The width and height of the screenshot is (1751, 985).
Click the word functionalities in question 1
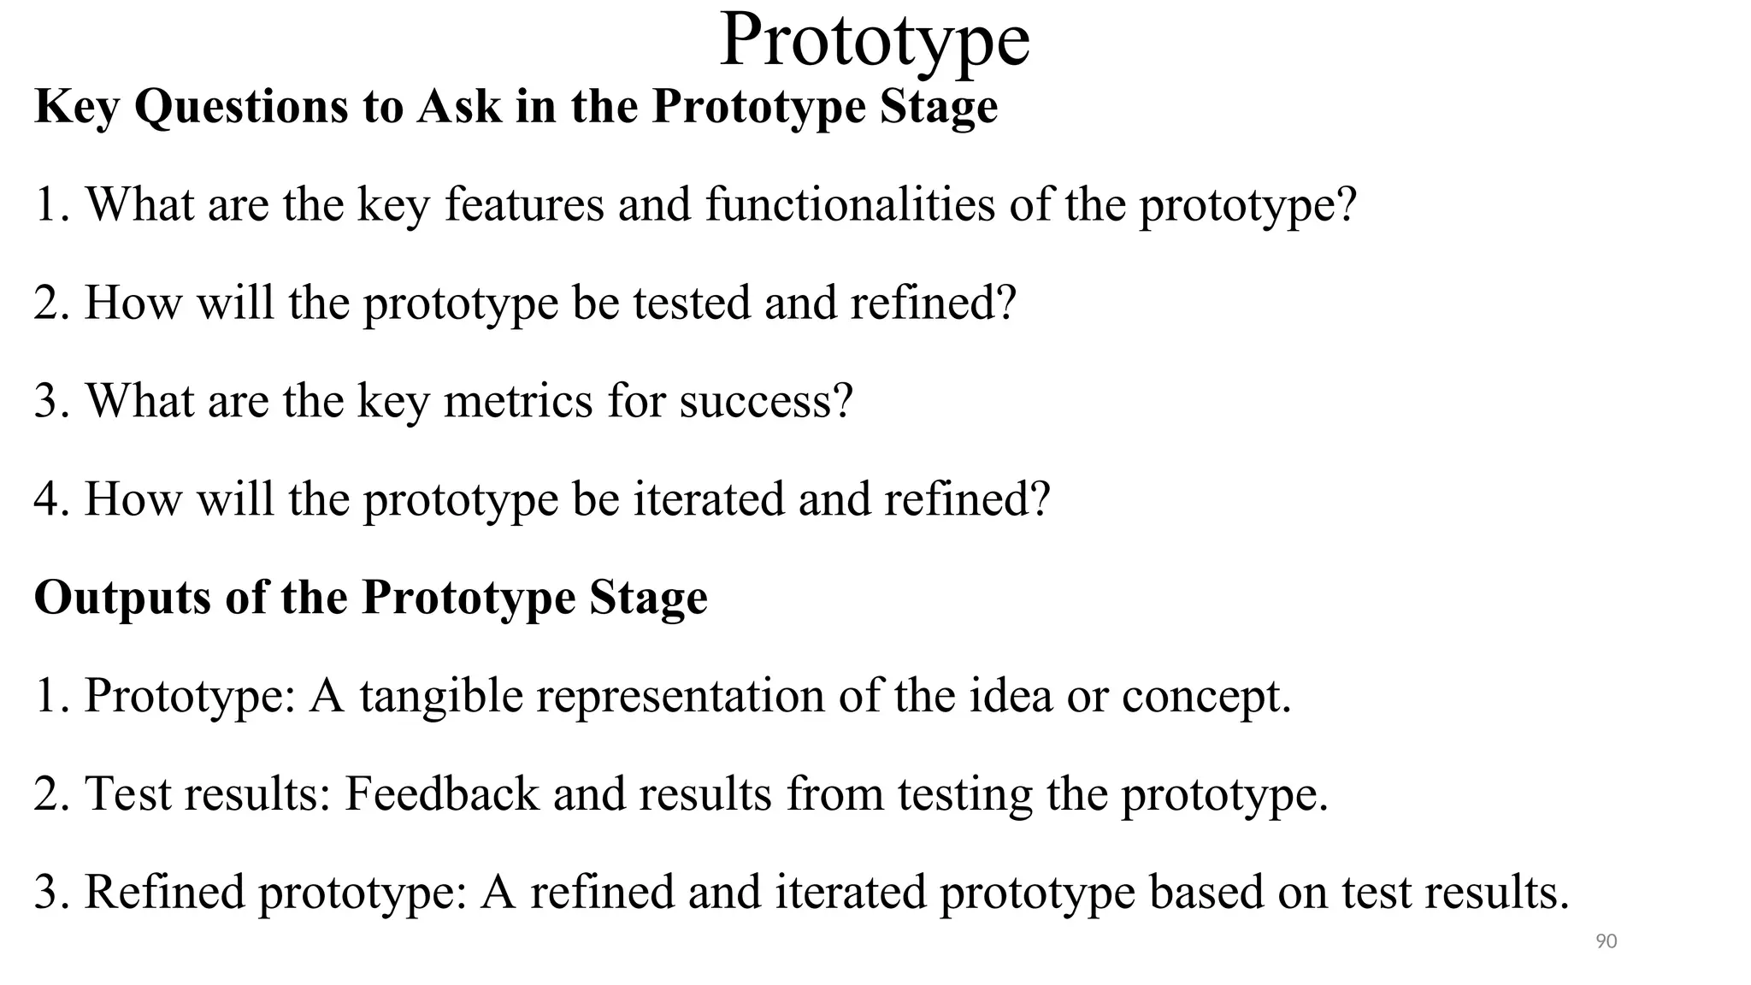pyautogui.click(x=850, y=205)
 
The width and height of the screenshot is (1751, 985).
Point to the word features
pyautogui.click(x=524, y=205)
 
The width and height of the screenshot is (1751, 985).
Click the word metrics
pyautogui.click(x=518, y=401)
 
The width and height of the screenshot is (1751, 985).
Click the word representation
pyautogui.click(x=680, y=696)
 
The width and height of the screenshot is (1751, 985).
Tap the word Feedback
pyautogui.click(x=441, y=794)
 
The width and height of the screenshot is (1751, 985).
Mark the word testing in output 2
pyautogui.click(x=964, y=794)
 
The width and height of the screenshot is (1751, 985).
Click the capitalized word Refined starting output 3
pyautogui.click(x=164, y=892)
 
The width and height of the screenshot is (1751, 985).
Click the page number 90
pyautogui.click(x=1607, y=941)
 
